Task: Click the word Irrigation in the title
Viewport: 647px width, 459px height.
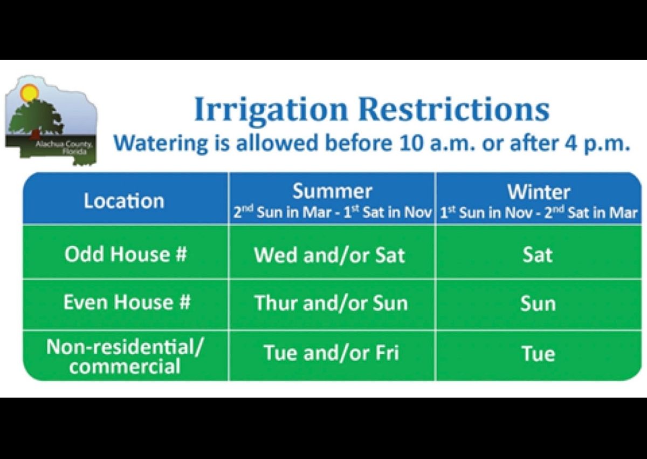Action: pyautogui.click(x=271, y=110)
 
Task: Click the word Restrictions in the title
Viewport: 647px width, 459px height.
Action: pyautogui.click(x=454, y=110)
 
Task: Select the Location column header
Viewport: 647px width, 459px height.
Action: pyautogui.click(x=124, y=201)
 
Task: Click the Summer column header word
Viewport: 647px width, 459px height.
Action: pyautogui.click(x=332, y=191)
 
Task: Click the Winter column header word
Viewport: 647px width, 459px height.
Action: pyautogui.click(x=538, y=191)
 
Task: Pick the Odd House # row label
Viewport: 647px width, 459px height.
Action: pyautogui.click(x=126, y=253)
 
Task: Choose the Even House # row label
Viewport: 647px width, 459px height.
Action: pyautogui.click(x=127, y=302)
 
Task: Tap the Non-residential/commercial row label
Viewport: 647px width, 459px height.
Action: pyautogui.click(x=126, y=356)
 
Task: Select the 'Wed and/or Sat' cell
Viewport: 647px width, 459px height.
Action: pyautogui.click(x=329, y=255)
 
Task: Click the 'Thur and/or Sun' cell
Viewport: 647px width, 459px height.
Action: pyautogui.click(x=331, y=303)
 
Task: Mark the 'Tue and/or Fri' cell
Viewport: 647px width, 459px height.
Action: pyautogui.click(x=331, y=354)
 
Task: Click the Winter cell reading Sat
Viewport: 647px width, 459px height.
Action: pyautogui.click(x=538, y=255)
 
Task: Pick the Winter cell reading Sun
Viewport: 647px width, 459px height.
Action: pyautogui.click(x=538, y=304)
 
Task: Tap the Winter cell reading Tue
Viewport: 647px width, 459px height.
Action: pyautogui.click(x=538, y=354)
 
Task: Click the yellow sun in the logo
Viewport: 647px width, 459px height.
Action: pyautogui.click(x=29, y=92)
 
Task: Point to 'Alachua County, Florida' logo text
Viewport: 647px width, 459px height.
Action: pyautogui.click(x=64, y=148)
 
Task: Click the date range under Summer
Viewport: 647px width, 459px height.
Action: pyautogui.click(x=332, y=212)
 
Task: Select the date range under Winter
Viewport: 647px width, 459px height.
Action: pyautogui.click(x=538, y=212)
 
